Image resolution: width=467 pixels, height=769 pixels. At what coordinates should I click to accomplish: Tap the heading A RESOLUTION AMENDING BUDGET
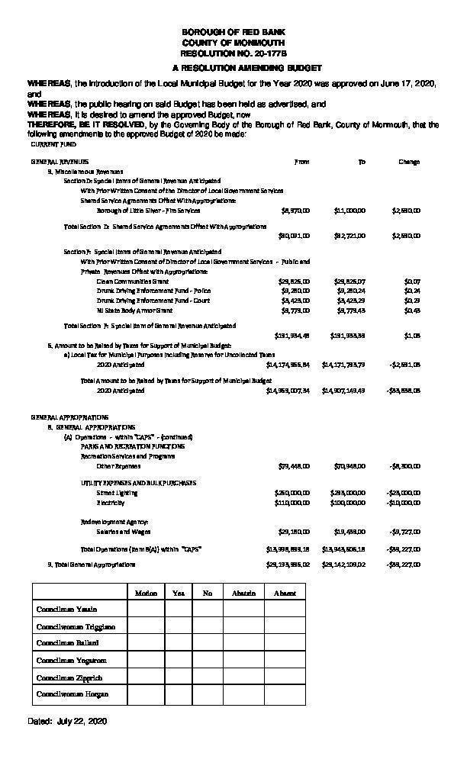tap(233, 68)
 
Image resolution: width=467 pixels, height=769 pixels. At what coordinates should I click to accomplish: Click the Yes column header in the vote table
tap(178, 592)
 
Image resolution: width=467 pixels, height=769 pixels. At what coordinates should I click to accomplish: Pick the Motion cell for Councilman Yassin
tap(145, 609)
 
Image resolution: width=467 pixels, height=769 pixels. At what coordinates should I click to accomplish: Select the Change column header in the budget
tap(409, 162)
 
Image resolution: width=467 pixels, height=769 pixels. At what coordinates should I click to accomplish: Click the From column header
tap(302, 162)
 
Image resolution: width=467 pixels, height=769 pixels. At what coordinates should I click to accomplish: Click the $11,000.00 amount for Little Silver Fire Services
tap(349, 209)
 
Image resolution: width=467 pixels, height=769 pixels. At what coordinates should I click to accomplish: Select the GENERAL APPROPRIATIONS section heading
tap(69, 417)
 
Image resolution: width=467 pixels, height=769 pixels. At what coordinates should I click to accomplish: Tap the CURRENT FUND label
tap(53, 143)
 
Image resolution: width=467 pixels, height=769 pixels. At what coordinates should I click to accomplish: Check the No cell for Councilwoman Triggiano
tap(207, 626)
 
